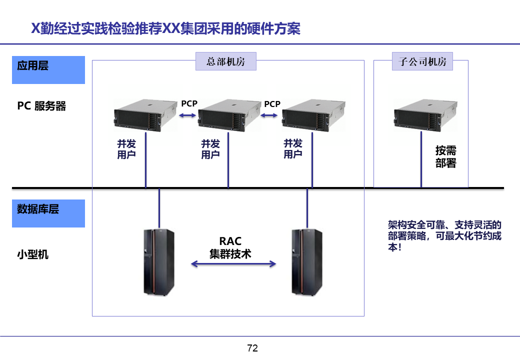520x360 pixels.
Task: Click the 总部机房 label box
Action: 225,61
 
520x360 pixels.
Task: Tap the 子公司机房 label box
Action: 422,61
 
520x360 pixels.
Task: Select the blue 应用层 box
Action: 48,69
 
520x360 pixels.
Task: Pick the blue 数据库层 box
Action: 48,213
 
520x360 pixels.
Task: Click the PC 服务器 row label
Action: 41,106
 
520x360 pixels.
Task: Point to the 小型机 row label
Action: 33,254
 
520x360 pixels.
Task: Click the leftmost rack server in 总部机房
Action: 145,115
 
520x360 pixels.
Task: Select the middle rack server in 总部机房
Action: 229,115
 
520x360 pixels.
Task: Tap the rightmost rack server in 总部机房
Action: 313,115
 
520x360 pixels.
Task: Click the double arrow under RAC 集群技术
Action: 233,264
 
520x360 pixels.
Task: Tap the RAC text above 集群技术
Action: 230,242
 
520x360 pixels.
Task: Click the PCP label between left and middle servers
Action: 189,104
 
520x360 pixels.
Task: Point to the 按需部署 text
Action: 445,156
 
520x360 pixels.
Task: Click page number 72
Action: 252,348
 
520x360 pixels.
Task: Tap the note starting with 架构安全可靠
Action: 444,236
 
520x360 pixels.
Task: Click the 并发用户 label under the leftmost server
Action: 126,149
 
